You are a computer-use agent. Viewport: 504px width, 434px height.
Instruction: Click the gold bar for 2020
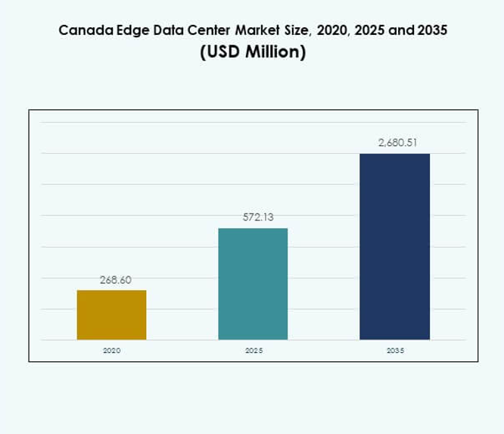tap(112, 315)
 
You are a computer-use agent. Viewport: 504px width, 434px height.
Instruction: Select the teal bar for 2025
tap(253, 284)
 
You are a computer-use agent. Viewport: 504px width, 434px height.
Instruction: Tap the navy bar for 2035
tap(394, 247)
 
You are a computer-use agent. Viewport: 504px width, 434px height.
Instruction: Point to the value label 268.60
tap(116, 279)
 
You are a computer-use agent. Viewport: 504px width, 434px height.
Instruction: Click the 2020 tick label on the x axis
tap(112, 351)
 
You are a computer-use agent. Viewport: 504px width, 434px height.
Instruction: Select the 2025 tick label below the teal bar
tap(253, 351)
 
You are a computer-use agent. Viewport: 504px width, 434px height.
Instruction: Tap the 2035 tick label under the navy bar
tap(394, 351)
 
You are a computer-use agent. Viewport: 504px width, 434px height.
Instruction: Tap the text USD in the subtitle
tap(224, 55)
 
